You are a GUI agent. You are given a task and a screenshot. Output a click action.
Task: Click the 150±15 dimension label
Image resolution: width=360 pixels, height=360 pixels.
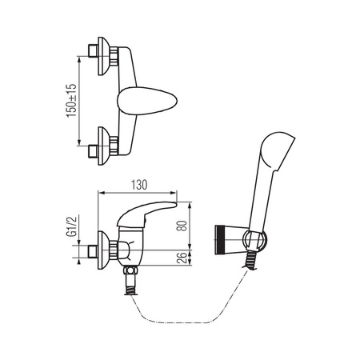(71, 101)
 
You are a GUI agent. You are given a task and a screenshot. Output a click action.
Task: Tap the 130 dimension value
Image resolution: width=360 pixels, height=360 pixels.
(139, 185)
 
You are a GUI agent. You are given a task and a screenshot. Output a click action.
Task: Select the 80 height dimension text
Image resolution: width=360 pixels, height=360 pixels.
(182, 226)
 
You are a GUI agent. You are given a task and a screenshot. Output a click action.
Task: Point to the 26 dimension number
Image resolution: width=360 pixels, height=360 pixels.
(182, 258)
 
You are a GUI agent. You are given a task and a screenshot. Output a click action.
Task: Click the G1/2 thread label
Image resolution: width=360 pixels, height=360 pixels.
(71, 226)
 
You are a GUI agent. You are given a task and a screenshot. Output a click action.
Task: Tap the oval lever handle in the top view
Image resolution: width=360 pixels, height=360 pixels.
(147, 101)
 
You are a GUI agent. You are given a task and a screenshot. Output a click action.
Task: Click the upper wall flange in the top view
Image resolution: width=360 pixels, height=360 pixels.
(103, 56)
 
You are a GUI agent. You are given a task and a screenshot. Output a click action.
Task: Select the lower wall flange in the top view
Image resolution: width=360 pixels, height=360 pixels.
(103, 146)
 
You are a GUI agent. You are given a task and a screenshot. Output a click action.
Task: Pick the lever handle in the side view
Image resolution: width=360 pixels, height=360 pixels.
(146, 214)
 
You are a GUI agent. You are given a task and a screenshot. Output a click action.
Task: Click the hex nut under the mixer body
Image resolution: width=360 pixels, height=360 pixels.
(130, 270)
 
